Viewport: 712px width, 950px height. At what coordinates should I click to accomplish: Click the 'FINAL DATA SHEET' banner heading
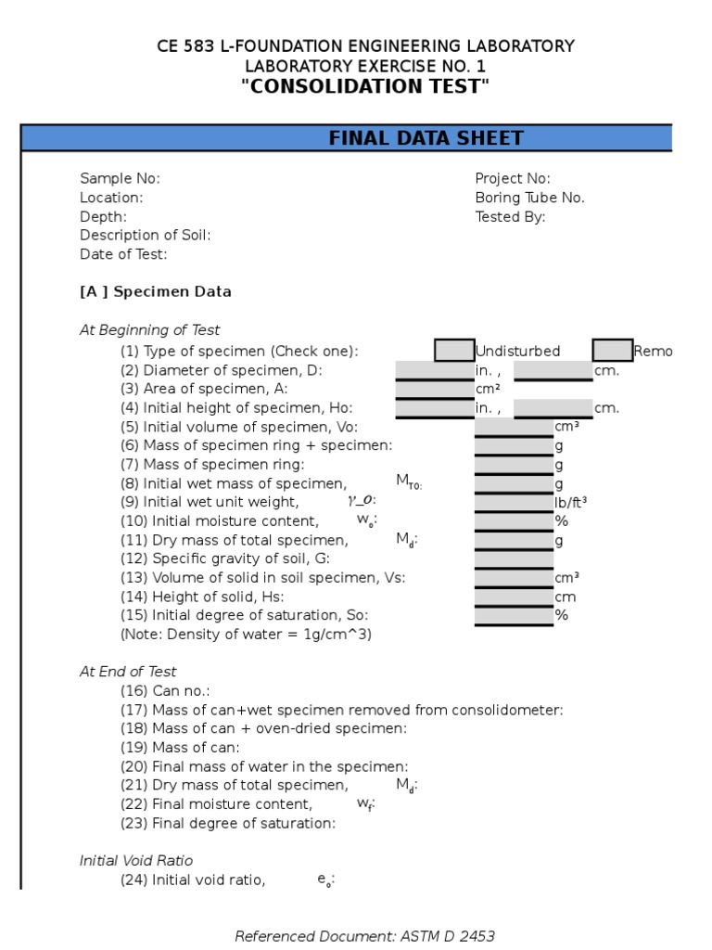[426, 138]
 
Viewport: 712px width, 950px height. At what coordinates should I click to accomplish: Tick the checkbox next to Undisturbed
[454, 351]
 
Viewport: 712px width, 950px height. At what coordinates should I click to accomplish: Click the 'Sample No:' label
[120, 178]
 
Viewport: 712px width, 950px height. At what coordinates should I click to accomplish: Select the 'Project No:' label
[513, 178]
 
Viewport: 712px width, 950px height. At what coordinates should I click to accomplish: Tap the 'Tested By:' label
[510, 217]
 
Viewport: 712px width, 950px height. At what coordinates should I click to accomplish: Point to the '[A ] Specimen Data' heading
[156, 291]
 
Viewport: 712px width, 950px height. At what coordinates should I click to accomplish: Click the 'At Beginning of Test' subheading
[149, 330]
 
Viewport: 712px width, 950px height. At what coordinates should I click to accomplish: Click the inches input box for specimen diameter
[434, 370]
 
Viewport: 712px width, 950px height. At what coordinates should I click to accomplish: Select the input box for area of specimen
[434, 389]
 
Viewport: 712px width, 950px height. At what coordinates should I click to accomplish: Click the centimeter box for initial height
[553, 408]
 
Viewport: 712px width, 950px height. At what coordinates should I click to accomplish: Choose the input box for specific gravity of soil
[514, 558]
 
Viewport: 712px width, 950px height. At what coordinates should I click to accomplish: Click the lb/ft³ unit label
[570, 502]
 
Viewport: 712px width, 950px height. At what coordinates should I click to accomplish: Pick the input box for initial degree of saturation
[514, 615]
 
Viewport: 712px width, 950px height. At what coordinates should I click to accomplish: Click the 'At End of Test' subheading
[128, 672]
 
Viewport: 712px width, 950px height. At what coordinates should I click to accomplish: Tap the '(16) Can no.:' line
[165, 691]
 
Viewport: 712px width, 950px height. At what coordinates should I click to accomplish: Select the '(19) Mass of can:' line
[180, 748]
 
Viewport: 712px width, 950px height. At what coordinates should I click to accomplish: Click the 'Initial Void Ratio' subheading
[136, 861]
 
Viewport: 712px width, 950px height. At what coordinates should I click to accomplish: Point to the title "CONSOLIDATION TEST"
[364, 87]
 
